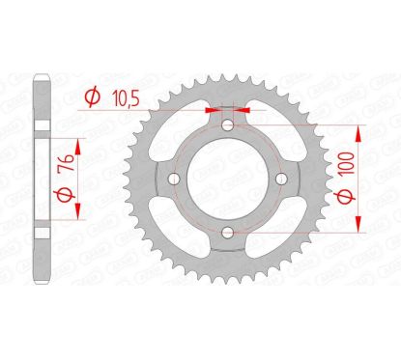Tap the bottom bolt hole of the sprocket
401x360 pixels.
pyautogui.click(x=227, y=231)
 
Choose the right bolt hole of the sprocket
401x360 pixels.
pyautogui.click(x=280, y=179)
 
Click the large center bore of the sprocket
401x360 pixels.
pyautogui.click(x=227, y=179)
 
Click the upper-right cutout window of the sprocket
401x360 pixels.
pyautogui.click(x=272, y=134)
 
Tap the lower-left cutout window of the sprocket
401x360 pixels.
pyautogui.click(x=183, y=223)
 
